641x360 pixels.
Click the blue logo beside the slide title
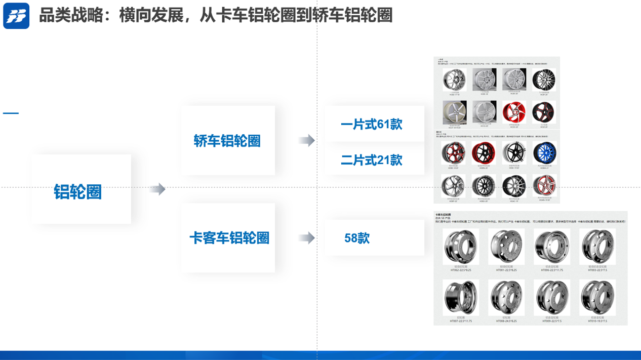[x=16, y=16]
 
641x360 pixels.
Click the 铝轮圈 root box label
[x=78, y=192]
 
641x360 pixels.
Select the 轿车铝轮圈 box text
[x=227, y=141]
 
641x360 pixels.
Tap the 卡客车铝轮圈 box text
[x=229, y=238]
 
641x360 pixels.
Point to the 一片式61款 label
[x=371, y=124]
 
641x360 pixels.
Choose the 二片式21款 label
[x=371, y=160]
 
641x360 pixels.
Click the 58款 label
[x=357, y=238]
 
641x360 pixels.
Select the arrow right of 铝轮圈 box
[x=157, y=189]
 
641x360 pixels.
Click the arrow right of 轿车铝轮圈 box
[x=306, y=141]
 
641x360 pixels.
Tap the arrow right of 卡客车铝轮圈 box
[x=306, y=238]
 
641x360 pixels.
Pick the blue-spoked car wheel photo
[x=544, y=152]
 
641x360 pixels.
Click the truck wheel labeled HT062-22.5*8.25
[x=460, y=248]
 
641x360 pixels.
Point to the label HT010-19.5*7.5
[x=597, y=321]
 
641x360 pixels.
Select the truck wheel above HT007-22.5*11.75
[x=460, y=298]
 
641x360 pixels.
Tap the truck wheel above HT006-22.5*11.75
[x=551, y=248]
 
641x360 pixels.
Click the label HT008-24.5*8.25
[x=506, y=321]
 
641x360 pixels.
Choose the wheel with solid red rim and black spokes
[x=484, y=152]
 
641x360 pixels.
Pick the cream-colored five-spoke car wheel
[x=454, y=112]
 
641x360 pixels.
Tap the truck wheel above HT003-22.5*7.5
[x=597, y=248]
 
